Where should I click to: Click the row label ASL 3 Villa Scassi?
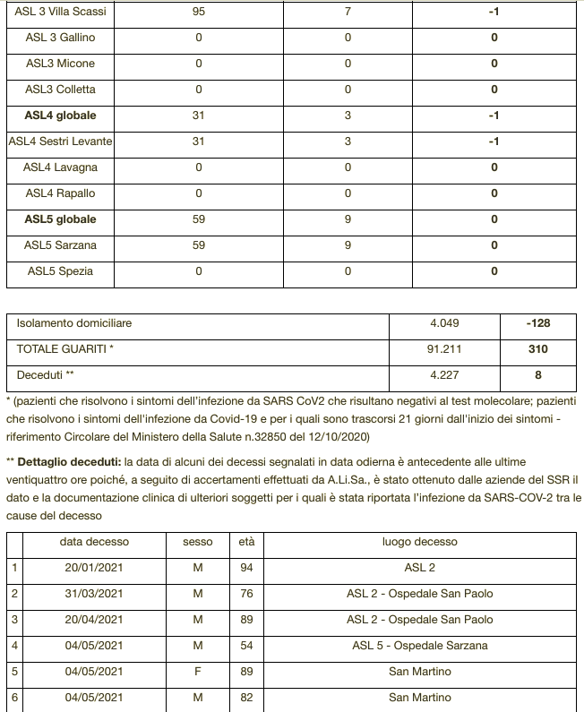[x=60, y=13]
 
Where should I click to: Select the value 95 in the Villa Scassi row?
[x=198, y=13]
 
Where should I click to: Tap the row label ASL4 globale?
[x=60, y=116]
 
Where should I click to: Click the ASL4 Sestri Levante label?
[x=60, y=142]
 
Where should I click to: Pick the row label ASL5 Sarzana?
[x=60, y=245]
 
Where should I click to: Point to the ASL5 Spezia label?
[x=60, y=271]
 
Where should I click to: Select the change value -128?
[x=537, y=323]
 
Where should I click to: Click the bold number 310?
[x=537, y=349]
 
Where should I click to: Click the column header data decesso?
[x=94, y=542]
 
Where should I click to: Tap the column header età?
[x=246, y=542]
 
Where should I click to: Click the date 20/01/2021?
[x=94, y=568]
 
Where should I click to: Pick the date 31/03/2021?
[x=94, y=594]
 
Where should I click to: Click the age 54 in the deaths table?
[x=246, y=646]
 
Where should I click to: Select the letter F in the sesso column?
[x=198, y=672]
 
